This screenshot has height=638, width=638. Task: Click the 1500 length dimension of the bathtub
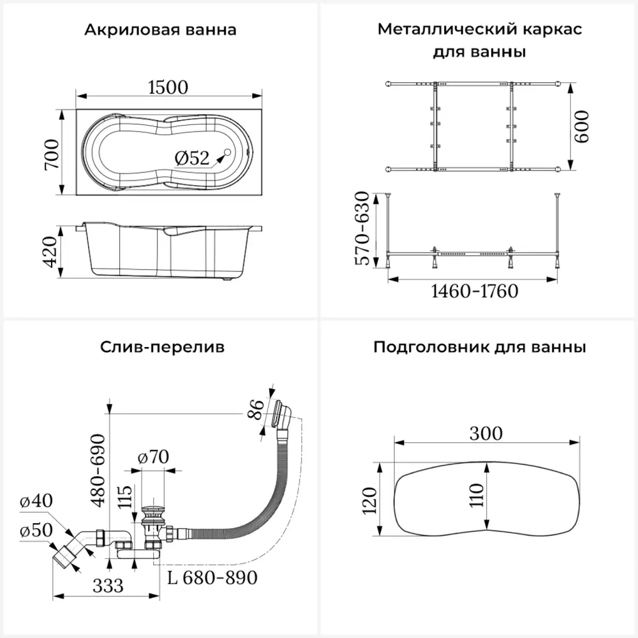pos(168,87)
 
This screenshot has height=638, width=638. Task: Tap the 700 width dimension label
pos(52,154)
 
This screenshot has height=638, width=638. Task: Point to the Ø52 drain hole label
pos(191,158)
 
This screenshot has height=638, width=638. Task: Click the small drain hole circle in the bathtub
pos(228,152)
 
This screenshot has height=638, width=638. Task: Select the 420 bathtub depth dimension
pos(51,252)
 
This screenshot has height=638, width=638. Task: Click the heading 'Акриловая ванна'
pos(160,30)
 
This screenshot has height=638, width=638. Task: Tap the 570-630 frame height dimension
pos(362,228)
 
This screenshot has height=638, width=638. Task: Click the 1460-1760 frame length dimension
pos(475,292)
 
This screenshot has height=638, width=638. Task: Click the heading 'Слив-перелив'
pos(162,347)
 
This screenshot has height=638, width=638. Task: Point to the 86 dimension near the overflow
pos(256,410)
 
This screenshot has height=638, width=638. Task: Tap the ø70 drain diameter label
pos(153,457)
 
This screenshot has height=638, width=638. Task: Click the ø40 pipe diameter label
pos(36,501)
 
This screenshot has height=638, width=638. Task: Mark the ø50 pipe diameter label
pos(36,530)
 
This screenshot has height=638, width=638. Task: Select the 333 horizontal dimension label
pos(108,586)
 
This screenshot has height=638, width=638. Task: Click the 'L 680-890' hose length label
pos(212,578)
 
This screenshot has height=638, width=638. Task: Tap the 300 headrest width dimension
pos(486,434)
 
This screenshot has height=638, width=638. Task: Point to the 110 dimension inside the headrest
pos(477,495)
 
